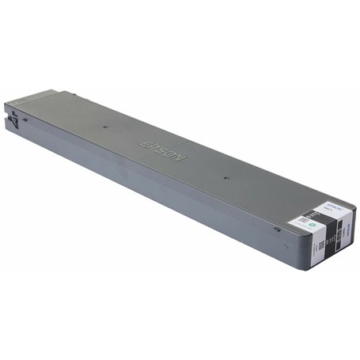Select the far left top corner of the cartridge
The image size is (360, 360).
click(x=6, y=103)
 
